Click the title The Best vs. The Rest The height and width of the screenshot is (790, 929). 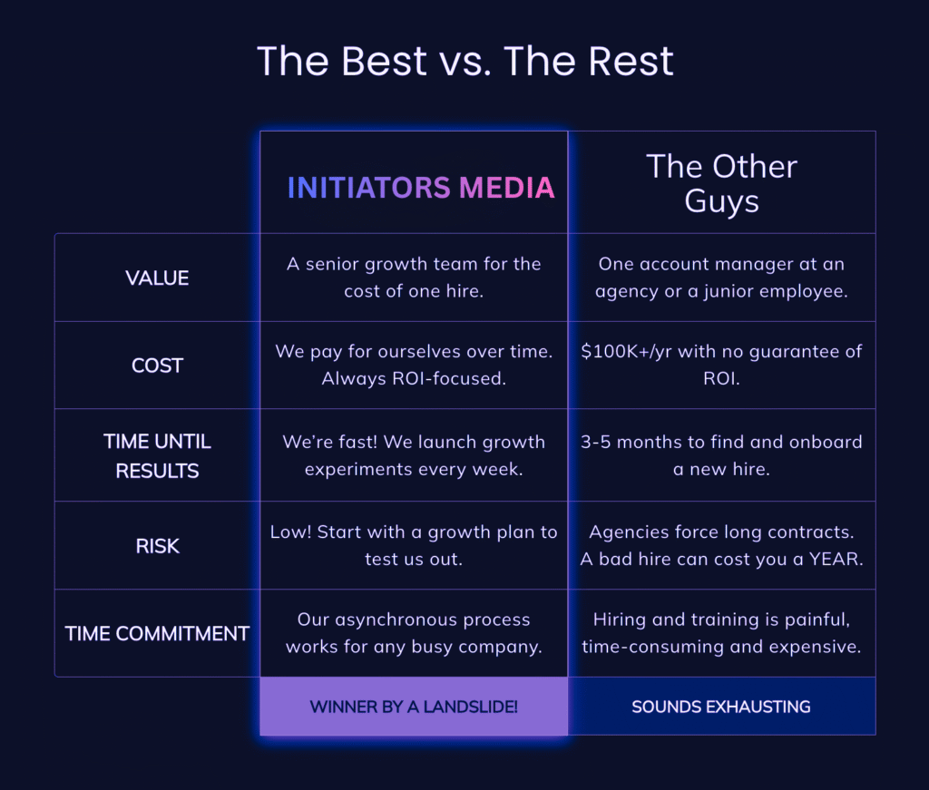[465, 62]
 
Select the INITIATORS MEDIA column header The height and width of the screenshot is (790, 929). [420, 187]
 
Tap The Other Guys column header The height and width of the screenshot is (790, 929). [721, 182]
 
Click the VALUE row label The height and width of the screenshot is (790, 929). [157, 278]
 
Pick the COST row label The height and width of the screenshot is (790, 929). [157, 366]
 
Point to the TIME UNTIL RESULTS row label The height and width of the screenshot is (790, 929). [157, 455]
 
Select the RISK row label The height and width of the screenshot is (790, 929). [157, 545]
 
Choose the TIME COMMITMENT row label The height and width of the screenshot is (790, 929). [157, 633]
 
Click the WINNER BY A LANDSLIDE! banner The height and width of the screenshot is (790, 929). [414, 707]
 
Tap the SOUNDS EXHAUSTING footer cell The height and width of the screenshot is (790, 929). [721, 707]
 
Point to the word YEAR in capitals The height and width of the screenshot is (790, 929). [834, 559]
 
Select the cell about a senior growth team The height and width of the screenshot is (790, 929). [414, 278]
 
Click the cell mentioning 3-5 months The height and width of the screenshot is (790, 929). [721, 455]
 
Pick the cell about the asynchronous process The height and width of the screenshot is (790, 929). [414, 633]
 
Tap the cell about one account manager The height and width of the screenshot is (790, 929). [721, 278]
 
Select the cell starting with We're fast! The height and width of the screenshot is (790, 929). [414, 455]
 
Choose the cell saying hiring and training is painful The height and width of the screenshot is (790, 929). [721, 633]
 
